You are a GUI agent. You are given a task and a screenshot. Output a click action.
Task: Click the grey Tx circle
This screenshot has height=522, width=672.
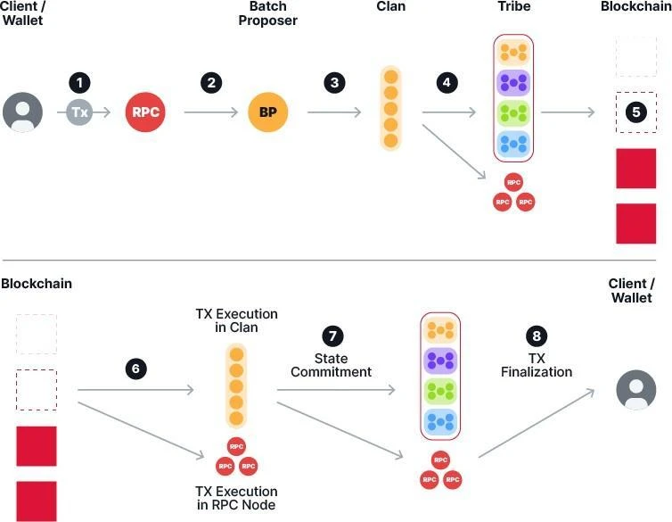(x=80, y=112)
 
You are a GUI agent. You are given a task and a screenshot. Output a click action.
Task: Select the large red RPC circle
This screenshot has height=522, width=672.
(x=146, y=112)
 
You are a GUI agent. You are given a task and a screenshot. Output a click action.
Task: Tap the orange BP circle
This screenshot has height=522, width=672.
(x=268, y=112)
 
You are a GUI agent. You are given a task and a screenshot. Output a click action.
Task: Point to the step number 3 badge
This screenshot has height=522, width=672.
(x=334, y=83)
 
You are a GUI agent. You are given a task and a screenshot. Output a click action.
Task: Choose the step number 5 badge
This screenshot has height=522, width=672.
(x=635, y=112)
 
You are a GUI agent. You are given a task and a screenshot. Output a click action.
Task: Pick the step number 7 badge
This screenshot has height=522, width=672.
(x=332, y=336)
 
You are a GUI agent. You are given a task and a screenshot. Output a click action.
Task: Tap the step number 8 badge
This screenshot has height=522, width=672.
(x=536, y=336)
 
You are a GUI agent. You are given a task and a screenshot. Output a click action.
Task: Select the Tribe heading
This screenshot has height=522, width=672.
(x=514, y=7)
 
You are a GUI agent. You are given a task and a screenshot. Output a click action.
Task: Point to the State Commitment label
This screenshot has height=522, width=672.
(x=332, y=365)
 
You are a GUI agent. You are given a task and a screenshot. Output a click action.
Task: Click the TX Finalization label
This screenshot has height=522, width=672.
(x=536, y=365)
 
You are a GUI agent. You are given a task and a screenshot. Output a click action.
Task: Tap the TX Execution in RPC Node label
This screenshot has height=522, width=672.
(x=236, y=499)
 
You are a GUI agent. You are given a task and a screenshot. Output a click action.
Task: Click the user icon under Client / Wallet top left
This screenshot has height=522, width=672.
(x=22, y=112)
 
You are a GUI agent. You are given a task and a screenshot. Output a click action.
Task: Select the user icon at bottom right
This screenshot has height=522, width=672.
(x=636, y=391)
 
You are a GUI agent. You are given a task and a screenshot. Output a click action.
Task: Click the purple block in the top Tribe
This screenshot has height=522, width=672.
(x=513, y=84)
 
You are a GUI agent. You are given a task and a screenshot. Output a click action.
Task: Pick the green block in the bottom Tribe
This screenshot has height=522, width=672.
(x=440, y=389)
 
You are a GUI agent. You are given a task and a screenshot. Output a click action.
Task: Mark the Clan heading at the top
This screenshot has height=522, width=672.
(x=389, y=7)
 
